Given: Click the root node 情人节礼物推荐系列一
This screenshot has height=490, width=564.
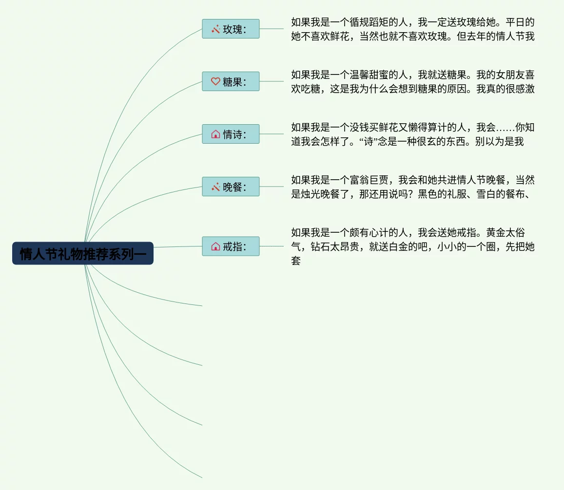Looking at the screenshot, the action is coord(83,254).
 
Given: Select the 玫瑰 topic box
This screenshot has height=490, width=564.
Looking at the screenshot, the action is coord(231,29).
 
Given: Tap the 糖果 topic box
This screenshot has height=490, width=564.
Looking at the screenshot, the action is coord(231,82).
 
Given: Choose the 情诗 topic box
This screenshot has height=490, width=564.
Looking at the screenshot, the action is coord(231,134).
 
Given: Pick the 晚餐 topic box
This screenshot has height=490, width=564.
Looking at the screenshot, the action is coord(231,187).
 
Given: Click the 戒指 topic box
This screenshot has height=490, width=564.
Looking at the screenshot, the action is coord(231,247).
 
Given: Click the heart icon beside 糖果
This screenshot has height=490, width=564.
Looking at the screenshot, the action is coord(215,81).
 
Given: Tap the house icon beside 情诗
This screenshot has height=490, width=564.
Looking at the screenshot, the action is coord(215,134).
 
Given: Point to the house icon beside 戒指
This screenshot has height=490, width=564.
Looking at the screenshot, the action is coord(215,246).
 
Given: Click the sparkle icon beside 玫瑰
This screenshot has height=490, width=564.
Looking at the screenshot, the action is coord(215,29).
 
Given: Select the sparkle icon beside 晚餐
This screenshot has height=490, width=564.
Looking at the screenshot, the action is coord(215,187).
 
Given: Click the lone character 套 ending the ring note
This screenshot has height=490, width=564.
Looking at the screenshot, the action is coord(296,261).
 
